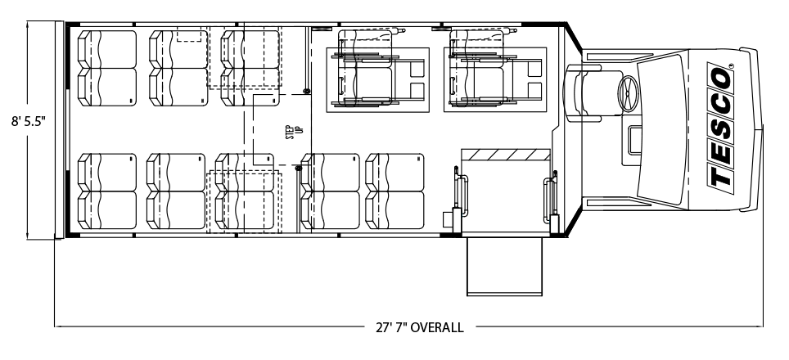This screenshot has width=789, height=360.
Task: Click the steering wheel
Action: (x=629, y=93)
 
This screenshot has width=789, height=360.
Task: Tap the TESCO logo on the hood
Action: (x=720, y=125)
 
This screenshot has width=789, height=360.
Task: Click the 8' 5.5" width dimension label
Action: (x=29, y=122)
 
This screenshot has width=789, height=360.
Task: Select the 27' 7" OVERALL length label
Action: (x=419, y=328)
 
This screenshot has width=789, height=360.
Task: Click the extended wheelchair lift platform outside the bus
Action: (x=504, y=267)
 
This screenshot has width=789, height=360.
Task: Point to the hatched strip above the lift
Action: (x=505, y=155)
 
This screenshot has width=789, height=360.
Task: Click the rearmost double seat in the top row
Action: (x=107, y=69)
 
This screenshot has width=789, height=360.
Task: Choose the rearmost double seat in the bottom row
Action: (x=107, y=191)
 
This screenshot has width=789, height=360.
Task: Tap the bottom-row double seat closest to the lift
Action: (x=395, y=191)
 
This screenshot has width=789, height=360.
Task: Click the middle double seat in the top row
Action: (x=178, y=69)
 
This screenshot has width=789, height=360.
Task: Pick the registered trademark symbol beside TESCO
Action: (x=731, y=65)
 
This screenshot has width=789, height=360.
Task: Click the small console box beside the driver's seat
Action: (x=635, y=140)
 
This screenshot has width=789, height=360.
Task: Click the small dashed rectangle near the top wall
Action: (x=189, y=36)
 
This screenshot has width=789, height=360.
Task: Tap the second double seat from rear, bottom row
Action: (x=176, y=191)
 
